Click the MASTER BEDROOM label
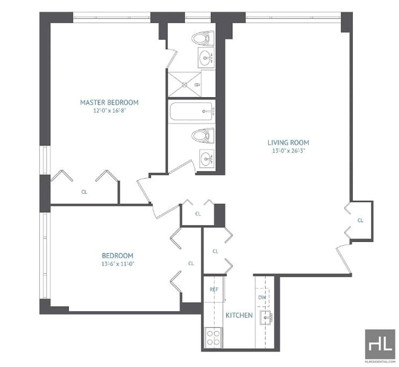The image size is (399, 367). point(109,103)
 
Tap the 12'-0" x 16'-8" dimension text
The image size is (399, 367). point(110,111)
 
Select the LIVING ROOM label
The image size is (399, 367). point(288,142)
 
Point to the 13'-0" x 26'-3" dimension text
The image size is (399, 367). point(289,151)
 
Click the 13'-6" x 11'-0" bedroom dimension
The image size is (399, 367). point(118,264)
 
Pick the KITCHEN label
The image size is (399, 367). point(239,315)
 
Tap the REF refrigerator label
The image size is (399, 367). point(214,289)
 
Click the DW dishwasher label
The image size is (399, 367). point(262,297)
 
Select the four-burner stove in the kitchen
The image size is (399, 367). point(213,337)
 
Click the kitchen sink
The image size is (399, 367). point(267,318)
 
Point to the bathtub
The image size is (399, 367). point(191,111)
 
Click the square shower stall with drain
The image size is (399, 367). point(185,84)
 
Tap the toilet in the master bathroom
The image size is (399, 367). point(203,38)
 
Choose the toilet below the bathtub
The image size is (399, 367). point(203,135)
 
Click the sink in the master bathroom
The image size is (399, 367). point(206,58)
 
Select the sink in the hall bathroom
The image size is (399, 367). point(207,159)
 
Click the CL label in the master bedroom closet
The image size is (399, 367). point(84,192)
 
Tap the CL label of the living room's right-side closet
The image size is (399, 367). point(360,220)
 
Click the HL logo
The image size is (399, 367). point(380,345)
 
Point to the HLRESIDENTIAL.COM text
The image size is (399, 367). point(380,362)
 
